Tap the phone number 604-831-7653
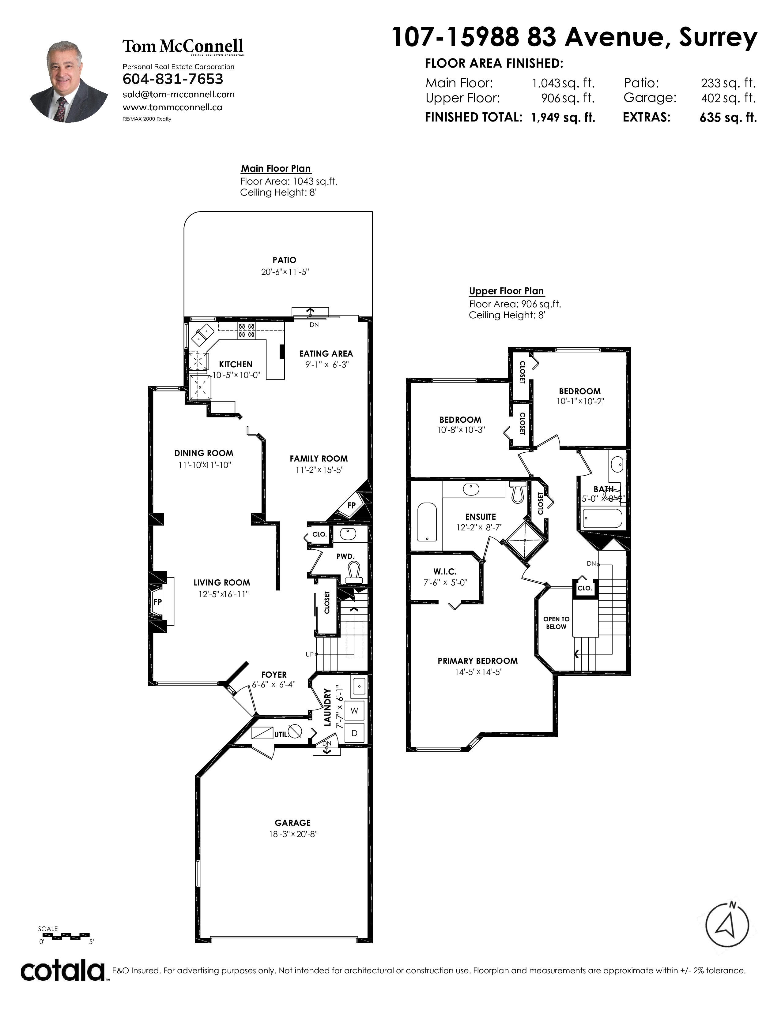[172, 79]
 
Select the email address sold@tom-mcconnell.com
[178, 94]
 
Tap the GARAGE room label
[293, 823]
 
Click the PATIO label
[284, 260]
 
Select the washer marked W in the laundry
[354, 710]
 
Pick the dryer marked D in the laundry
[354, 733]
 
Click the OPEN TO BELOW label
[556, 623]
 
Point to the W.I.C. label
[445, 572]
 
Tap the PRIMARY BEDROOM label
[477, 661]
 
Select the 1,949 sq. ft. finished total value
[563, 118]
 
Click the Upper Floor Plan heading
[506, 291]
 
